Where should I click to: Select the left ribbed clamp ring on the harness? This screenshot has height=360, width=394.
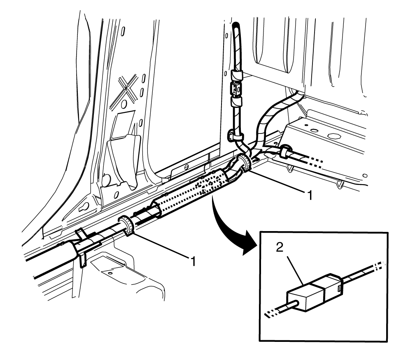click(x=126, y=226)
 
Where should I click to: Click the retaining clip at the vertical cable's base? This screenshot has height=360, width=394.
click(x=233, y=135)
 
